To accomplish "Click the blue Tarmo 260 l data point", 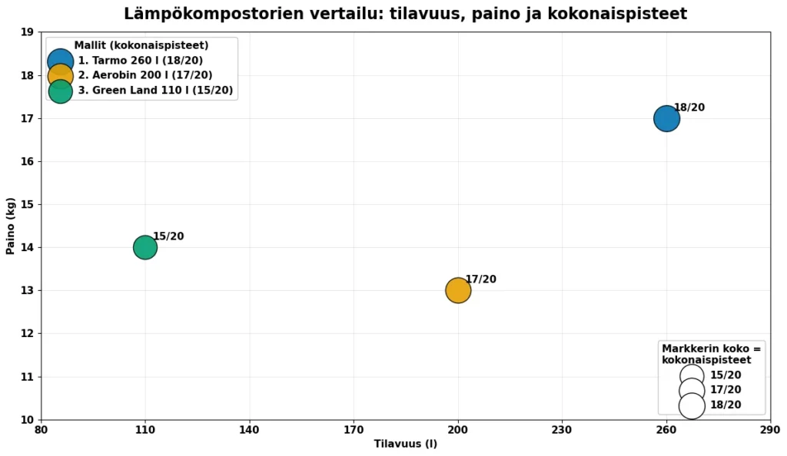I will coord(666,118).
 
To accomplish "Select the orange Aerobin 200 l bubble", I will coord(458,290).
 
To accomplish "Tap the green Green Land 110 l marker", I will coord(145,247).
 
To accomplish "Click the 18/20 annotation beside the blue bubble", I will coord(689,107).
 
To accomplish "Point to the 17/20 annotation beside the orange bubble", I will coord(480,279).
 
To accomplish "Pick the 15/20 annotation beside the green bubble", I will coord(168,236).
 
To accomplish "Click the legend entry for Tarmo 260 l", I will coord(141,61).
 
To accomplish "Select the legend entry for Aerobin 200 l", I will coord(145,75).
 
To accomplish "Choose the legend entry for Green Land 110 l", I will coord(155,91).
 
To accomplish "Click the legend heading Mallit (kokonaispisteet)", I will coord(141,45).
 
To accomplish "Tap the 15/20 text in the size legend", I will coord(726,375).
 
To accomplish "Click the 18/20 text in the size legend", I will coord(726,405).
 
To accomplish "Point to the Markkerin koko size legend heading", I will coord(711,354).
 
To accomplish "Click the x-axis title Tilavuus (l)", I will coord(406,444).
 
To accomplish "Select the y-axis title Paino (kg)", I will coord(12,226).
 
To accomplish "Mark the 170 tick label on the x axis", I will coord(354,430).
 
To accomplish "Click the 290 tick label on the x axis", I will coord(769,430).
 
